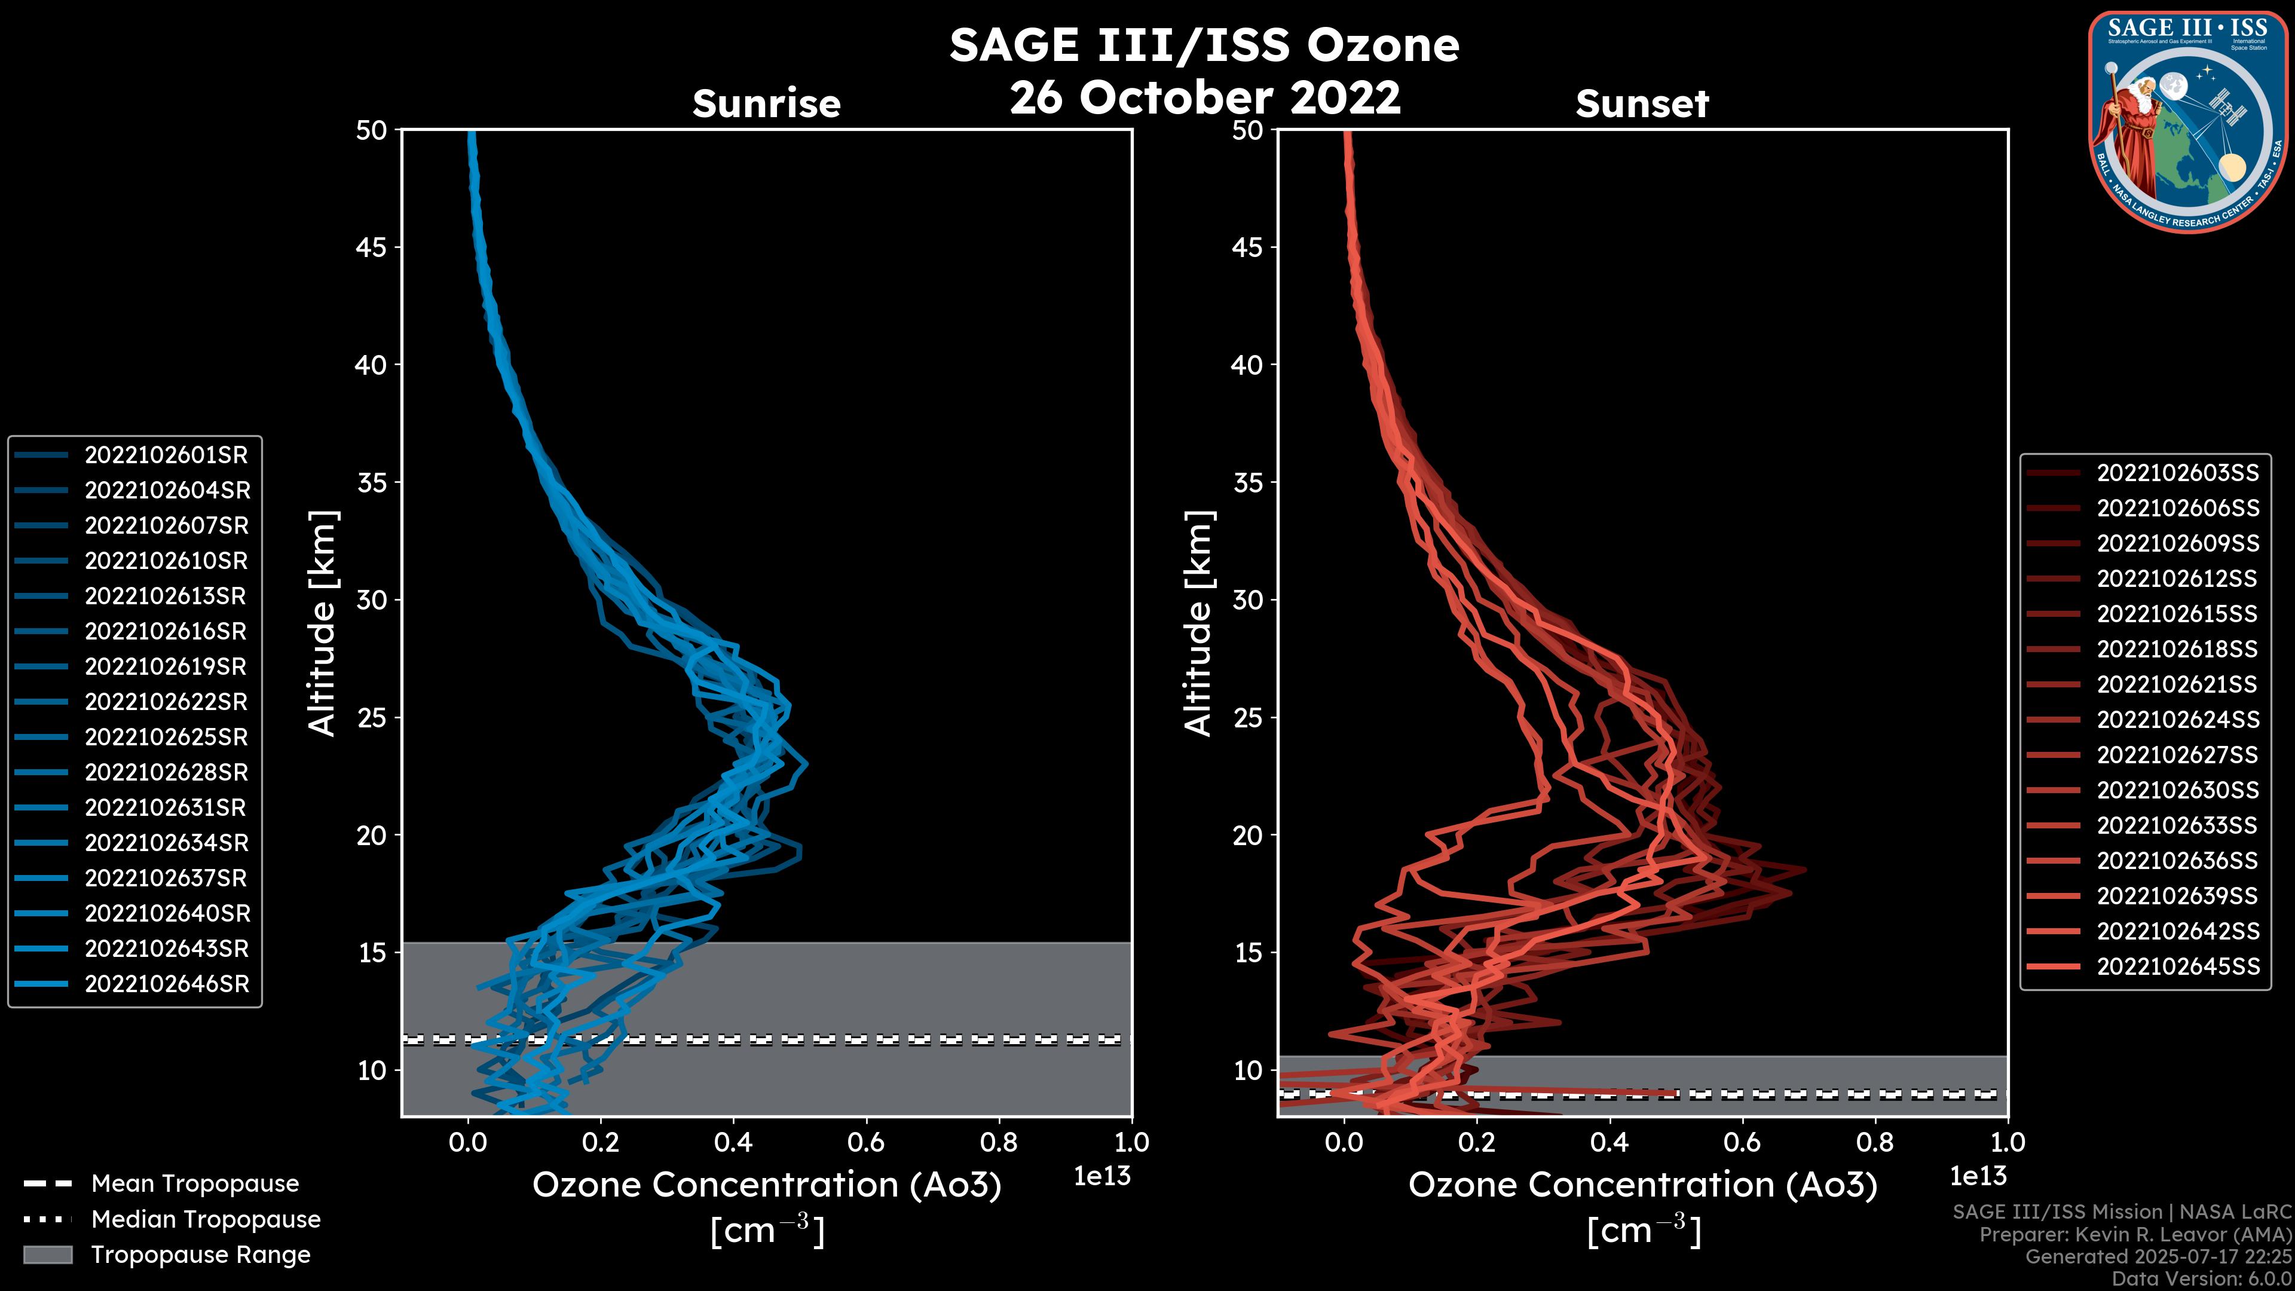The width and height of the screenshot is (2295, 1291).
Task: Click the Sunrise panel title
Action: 766,104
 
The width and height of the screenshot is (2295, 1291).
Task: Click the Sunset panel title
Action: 1642,104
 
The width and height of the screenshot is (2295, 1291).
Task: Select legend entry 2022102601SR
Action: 166,455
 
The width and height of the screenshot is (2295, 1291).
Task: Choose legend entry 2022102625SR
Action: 166,738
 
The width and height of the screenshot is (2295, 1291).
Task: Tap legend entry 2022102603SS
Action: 2177,473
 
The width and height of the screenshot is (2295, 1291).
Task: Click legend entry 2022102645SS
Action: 2177,966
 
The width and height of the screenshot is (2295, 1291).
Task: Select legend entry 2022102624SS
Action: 2177,720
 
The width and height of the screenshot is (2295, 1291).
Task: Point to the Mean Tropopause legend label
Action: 195,1184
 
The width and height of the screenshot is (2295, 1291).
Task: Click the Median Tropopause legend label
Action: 206,1220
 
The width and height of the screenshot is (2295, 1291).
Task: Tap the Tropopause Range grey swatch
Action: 47,1255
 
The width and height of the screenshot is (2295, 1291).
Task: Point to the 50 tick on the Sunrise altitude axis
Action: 372,131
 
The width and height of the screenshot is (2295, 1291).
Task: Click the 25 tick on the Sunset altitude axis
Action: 1248,718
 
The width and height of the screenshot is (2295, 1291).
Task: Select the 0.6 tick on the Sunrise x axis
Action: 866,1142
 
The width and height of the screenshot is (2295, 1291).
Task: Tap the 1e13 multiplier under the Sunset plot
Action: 1978,1177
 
